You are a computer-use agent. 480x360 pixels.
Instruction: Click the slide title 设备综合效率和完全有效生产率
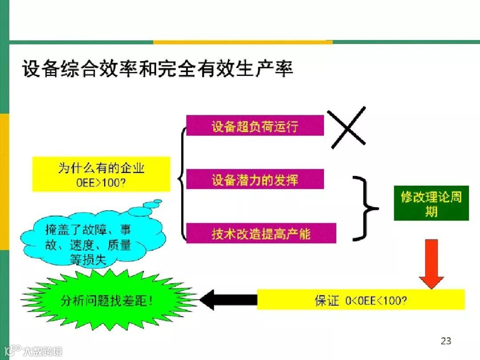(158, 70)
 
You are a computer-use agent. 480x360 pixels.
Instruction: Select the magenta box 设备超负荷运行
(255, 126)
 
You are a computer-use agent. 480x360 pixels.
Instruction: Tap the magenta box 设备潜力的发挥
(255, 180)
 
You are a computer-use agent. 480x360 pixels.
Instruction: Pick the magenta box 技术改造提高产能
(261, 233)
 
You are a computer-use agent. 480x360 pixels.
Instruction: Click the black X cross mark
(347, 128)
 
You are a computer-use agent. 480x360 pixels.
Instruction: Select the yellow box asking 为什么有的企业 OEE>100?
(101, 174)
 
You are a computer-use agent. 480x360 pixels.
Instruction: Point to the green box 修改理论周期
(431, 203)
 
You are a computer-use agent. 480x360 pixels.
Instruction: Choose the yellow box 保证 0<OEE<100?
(360, 300)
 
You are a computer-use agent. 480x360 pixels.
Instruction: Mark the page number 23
(446, 341)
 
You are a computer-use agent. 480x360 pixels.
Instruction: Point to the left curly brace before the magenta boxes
(182, 180)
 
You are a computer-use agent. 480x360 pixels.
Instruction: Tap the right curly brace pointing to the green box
(367, 208)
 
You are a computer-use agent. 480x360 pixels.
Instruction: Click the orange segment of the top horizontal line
(243, 42)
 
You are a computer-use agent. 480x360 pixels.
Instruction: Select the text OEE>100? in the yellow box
(101, 181)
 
